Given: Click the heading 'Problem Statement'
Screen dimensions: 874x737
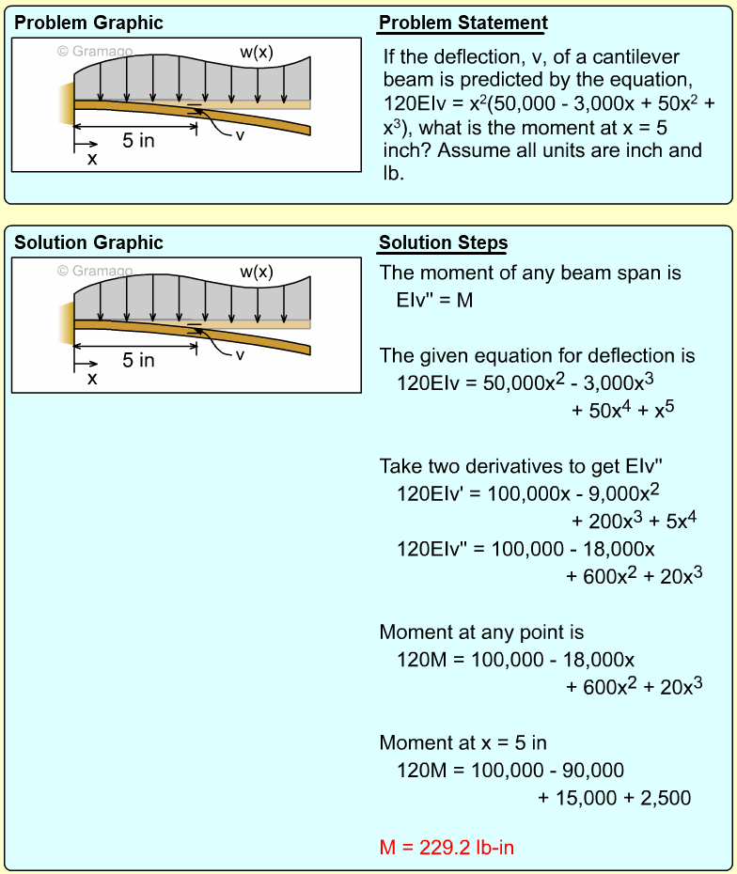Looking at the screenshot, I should pyautogui.click(x=463, y=23).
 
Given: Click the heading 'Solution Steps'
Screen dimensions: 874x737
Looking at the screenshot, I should pyautogui.click(x=443, y=243).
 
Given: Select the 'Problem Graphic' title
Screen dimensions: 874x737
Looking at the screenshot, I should pyautogui.click(x=88, y=23).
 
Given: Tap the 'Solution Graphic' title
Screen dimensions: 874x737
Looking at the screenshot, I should pyautogui.click(x=88, y=242).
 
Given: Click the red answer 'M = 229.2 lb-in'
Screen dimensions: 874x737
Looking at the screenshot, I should pyautogui.click(x=447, y=848).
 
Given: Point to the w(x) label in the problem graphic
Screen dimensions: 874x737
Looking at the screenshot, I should pyautogui.click(x=256, y=53).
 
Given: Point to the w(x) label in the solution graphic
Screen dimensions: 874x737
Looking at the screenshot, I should pyautogui.click(x=256, y=273).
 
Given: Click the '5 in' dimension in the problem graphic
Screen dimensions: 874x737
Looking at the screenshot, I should pyautogui.click(x=139, y=141).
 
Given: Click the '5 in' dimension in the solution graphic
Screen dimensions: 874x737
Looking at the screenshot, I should pyautogui.click(x=139, y=361).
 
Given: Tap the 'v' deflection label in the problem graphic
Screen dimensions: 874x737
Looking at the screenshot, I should pyautogui.click(x=240, y=135).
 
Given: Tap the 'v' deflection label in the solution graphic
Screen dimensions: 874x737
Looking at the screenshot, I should pyautogui.click(x=240, y=355).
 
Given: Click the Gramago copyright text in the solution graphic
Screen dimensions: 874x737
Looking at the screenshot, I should pyautogui.click(x=95, y=272).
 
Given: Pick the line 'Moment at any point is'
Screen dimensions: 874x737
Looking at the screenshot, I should pyautogui.click(x=481, y=632).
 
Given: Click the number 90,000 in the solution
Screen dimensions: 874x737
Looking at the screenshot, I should pyautogui.click(x=593, y=771).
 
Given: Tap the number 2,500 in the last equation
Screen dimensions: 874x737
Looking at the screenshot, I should pyautogui.click(x=666, y=799).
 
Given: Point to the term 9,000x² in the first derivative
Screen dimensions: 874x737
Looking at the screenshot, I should pyautogui.click(x=628, y=494).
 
